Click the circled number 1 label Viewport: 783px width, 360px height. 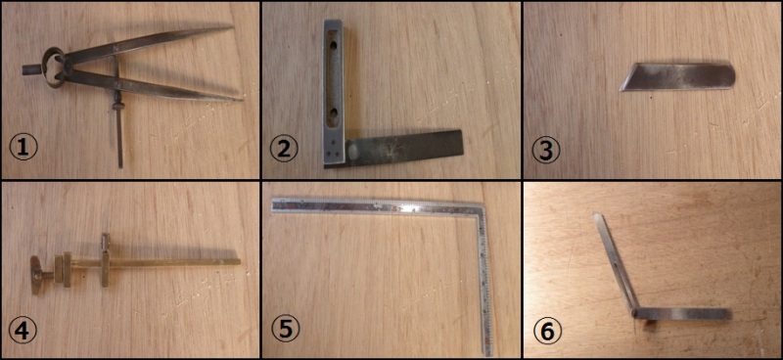pyautogui.click(x=23, y=149)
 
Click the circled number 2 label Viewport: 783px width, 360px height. pyautogui.click(x=284, y=149)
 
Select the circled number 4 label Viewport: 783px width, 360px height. pyautogui.click(x=23, y=331)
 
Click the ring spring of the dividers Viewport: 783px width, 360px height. pyautogui.click(x=53, y=67)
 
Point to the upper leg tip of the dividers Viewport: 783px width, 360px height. pyautogui.click(x=232, y=27)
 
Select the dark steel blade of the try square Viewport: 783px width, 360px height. pyautogui.click(x=403, y=148)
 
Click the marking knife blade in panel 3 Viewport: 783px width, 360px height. pyautogui.click(x=677, y=77)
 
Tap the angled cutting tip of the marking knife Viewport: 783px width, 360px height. pyautogui.click(x=622, y=89)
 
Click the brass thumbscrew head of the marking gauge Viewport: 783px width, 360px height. pyautogui.click(x=36, y=275)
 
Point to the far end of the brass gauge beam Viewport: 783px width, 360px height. pyautogui.click(x=239, y=261)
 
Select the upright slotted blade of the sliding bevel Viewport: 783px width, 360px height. pyautogui.click(x=616, y=261)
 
